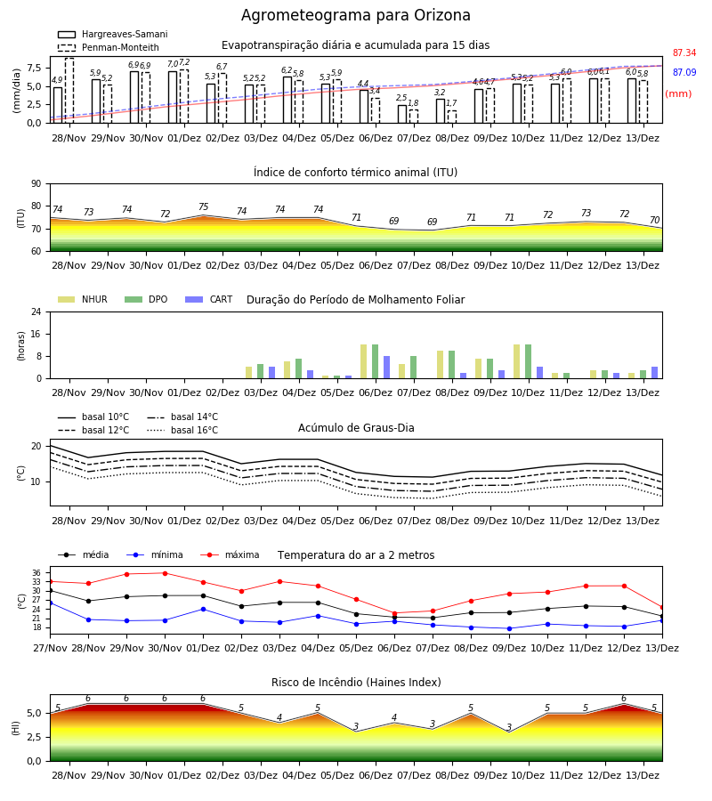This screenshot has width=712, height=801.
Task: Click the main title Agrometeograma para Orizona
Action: point(355,15)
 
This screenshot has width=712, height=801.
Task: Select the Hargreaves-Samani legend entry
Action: point(113,34)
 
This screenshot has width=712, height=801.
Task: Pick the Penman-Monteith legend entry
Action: point(109,47)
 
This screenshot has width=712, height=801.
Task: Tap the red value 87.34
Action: point(684,53)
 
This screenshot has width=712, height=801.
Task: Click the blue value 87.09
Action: point(684,73)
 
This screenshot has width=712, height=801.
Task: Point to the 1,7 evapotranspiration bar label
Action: point(451,103)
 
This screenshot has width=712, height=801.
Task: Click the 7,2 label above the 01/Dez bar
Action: point(184,62)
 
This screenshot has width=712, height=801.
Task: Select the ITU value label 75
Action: point(203,206)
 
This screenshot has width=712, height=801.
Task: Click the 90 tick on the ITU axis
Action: point(36,184)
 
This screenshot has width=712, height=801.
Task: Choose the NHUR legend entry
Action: point(83,299)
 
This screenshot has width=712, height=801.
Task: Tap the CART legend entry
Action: point(209,299)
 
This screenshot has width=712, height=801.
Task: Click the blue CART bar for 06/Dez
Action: point(386,368)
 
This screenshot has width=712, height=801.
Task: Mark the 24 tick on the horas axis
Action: point(36,311)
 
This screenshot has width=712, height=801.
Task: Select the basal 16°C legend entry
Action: point(182,430)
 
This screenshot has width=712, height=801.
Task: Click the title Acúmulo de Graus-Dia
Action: point(356,428)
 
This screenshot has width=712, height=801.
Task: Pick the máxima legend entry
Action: point(230,554)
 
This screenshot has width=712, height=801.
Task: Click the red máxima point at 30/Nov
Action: point(165,573)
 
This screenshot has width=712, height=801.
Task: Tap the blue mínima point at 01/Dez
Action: point(203,609)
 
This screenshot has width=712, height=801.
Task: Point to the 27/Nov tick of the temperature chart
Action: point(50,648)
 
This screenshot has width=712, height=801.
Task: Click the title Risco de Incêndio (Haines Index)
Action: point(356,683)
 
